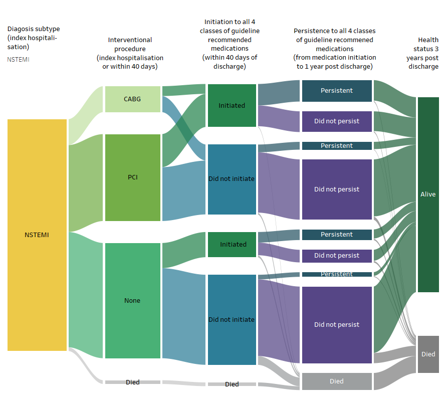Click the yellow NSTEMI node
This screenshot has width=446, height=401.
tap(37, 235)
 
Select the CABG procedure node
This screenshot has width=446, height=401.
tap(132, 99)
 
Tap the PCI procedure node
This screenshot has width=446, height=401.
tap(132, 177)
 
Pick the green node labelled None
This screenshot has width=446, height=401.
tap(132, 300)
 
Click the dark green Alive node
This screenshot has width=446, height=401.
tap(428, 194)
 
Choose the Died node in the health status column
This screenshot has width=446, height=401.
tap(428, 354)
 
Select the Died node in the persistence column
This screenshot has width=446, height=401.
tap(337, 381)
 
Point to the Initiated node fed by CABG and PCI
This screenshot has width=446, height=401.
tap(232, 105)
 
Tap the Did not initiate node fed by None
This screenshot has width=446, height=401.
tap(232, 319)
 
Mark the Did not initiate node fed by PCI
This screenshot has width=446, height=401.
tap(232, 178)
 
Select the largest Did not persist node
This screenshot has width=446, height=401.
tap(337, 324)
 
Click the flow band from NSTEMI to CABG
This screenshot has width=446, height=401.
tap(86, 115)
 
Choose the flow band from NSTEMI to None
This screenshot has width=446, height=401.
tap(86, 291)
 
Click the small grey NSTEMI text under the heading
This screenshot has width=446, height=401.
tap(18, 59)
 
